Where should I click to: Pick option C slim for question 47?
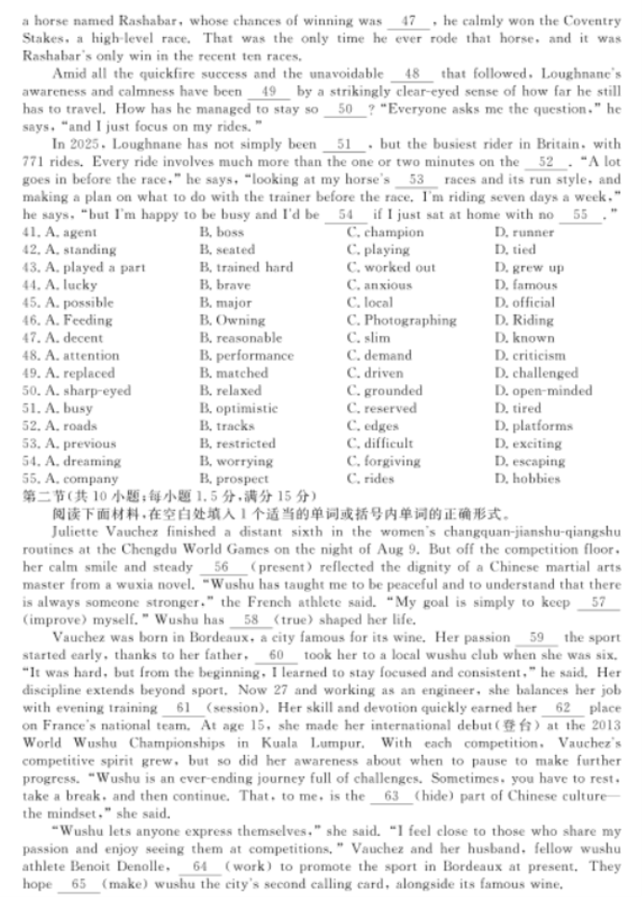368,338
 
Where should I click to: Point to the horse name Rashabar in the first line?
133,19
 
